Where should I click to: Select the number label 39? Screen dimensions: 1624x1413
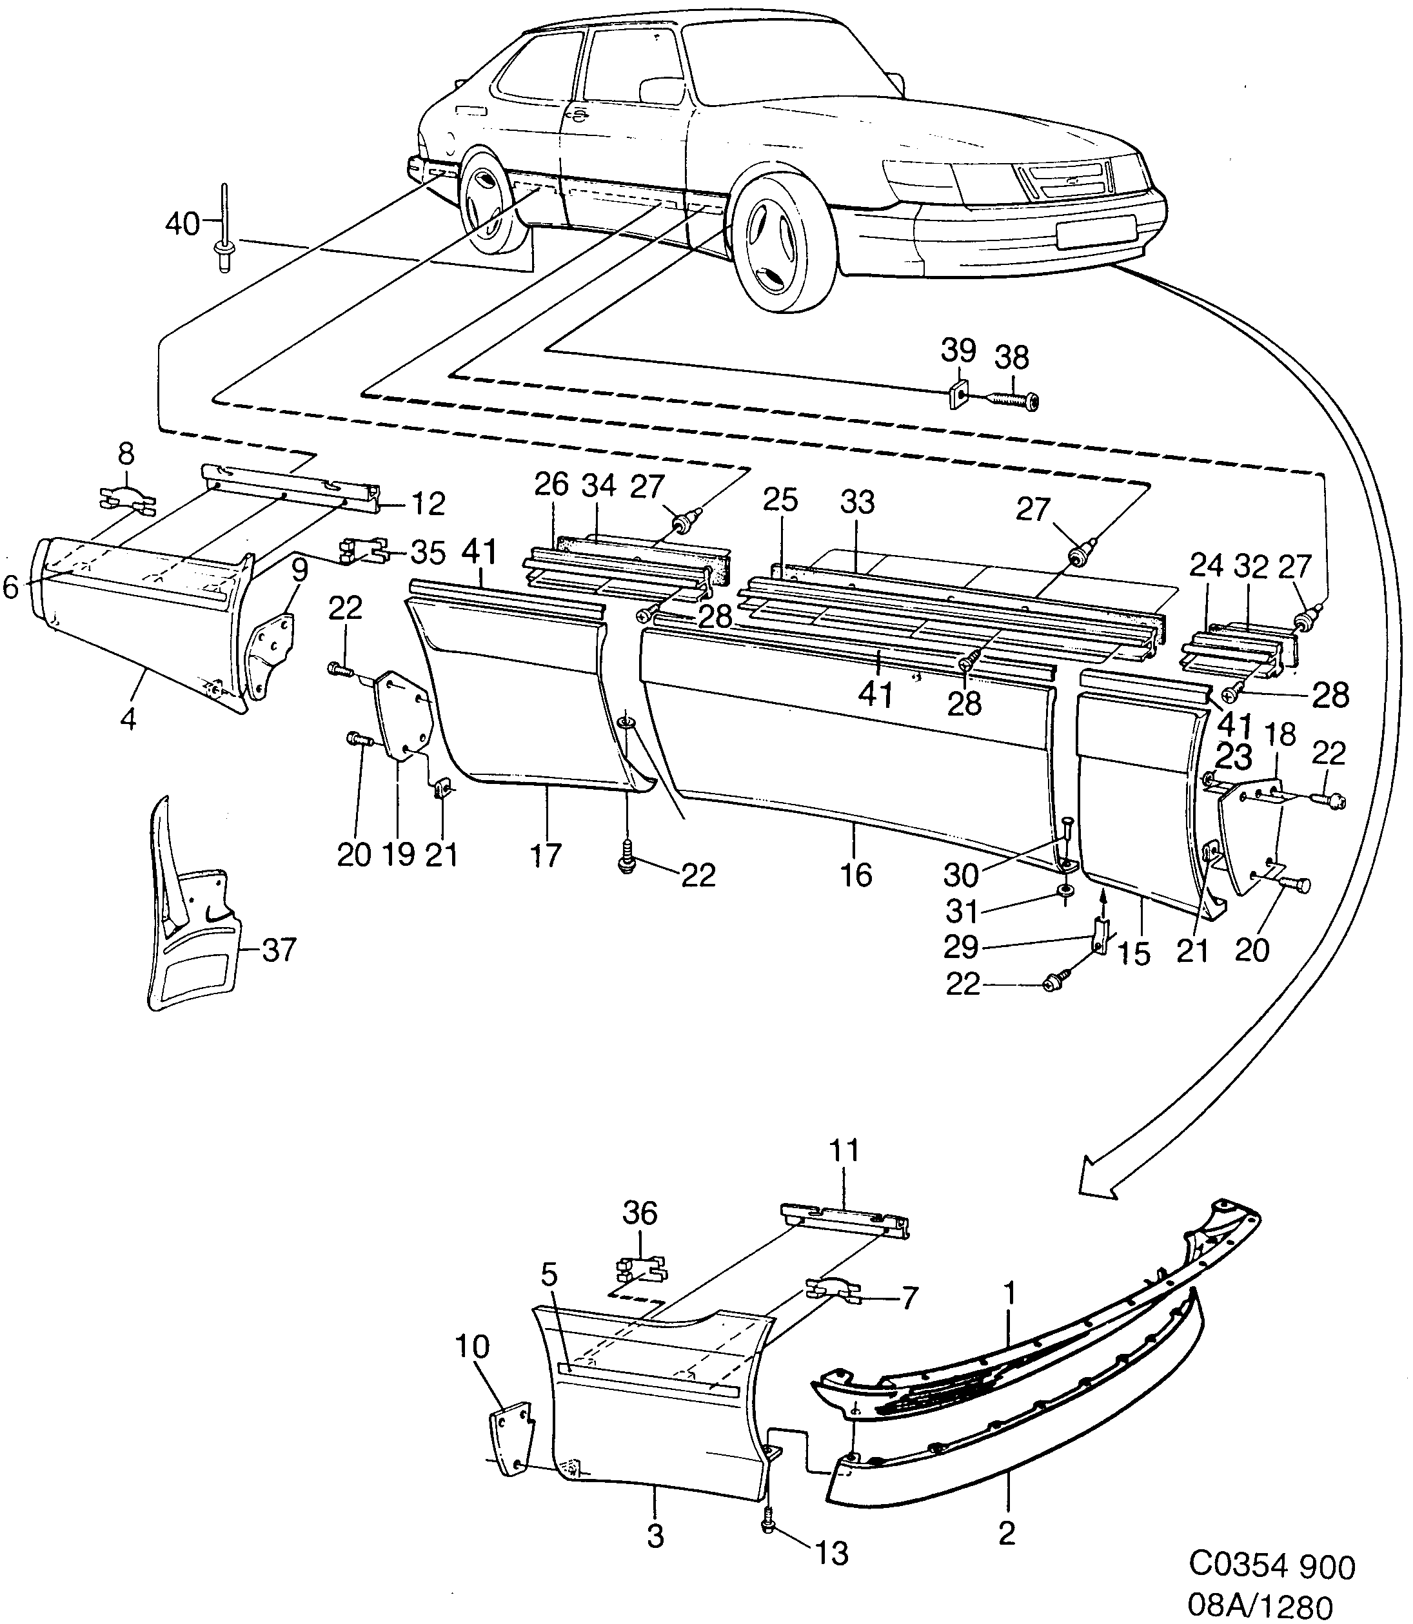(x=958, y=351)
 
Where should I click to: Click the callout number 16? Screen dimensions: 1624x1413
(x=856, y=875)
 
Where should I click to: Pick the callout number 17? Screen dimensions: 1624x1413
(x=546, y=855)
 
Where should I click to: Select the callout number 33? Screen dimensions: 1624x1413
(x=857, y=502)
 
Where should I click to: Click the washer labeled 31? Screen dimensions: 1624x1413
(x=1065, y=890)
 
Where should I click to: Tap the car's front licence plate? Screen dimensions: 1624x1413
(x=1095, y=231)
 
